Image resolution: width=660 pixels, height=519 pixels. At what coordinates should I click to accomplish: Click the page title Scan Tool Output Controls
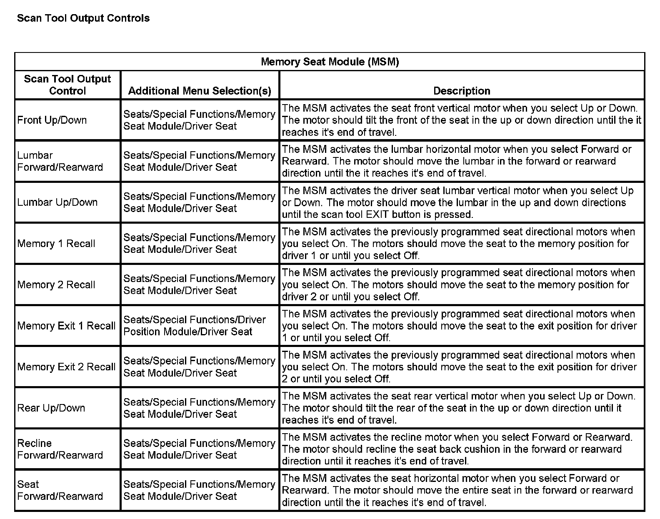click(x=83, y=18)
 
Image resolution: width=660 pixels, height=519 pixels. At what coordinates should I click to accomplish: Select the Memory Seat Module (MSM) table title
click(x=330, y=62)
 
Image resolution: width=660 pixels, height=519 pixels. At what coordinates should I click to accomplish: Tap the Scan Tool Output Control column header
click(x=67, y=85)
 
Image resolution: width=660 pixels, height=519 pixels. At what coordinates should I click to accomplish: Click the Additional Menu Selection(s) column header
click(x=200, y=91)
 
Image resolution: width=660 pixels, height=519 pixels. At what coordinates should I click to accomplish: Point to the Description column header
click(x=462, y=91)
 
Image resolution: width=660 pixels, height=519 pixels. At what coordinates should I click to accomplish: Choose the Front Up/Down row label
click(x=52, y=120)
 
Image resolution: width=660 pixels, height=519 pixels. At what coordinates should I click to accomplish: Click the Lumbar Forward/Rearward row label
click(x=60, y=161)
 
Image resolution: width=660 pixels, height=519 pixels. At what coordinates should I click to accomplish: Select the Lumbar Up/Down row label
click(x=57, y=202)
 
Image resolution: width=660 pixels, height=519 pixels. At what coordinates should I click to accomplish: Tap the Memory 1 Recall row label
click(x=56, y=244)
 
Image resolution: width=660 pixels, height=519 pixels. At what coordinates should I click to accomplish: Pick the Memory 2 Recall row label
click(x=56, y=285)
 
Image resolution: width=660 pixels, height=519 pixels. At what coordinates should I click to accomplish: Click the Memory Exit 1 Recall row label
click(x=66, y=326)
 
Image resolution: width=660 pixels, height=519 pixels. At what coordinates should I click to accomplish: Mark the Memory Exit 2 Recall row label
click(x=66, y=367)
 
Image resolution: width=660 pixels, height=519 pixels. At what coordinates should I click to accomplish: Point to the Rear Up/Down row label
click(x=51, y=408)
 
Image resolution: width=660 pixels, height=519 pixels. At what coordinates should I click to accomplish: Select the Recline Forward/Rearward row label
click(x=60, y=449)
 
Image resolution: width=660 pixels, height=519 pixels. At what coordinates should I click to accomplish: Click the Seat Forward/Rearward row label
click(x=60, y=490)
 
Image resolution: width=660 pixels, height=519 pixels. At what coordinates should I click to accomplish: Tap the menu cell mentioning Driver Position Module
click(x=195, y=326)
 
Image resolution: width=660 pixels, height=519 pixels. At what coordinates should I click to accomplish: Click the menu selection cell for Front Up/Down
click(x=199, y=120)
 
